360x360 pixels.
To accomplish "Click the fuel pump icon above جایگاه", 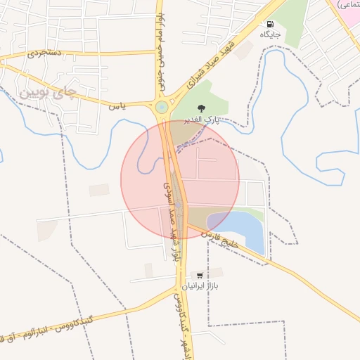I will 270,23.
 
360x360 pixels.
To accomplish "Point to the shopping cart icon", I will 200,276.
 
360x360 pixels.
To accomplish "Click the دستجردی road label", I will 44,53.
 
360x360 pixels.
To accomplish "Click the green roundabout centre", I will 162,107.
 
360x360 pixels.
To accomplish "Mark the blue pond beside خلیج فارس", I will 243,229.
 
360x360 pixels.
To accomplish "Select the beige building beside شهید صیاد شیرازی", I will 244,50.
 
